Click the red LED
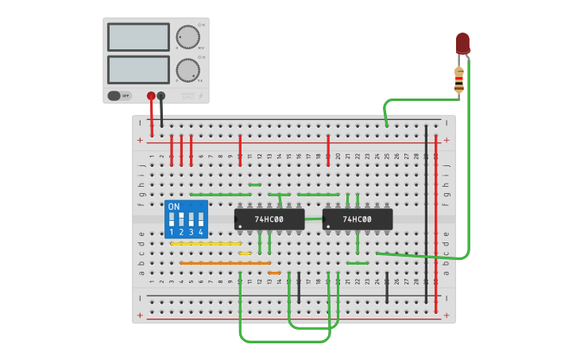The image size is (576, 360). pos(462,43)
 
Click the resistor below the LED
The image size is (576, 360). pos(458,79)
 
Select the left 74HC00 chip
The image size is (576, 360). pos(269,219)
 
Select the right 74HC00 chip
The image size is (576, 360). pos(358,219)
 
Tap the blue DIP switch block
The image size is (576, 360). pos(186,219)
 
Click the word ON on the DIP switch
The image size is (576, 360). pos(174,207)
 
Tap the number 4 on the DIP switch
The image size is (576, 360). pos(200,232)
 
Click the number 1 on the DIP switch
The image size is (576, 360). pos(172,232)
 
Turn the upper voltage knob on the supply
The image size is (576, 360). pos(187,37)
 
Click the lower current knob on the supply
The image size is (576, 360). pos(187,70)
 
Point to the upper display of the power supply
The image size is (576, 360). pos(138,37)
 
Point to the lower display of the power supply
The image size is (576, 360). pos(138,70)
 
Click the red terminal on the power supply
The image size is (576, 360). pos(151,96)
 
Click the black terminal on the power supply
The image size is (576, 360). pos(161,96)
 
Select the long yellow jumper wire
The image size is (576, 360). pos(206,244)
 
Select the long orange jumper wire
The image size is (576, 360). pos(225,263)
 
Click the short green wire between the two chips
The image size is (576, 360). pos(314,219)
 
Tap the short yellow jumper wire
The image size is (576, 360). pos(245,254)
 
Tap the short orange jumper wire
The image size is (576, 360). pos(274,273)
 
